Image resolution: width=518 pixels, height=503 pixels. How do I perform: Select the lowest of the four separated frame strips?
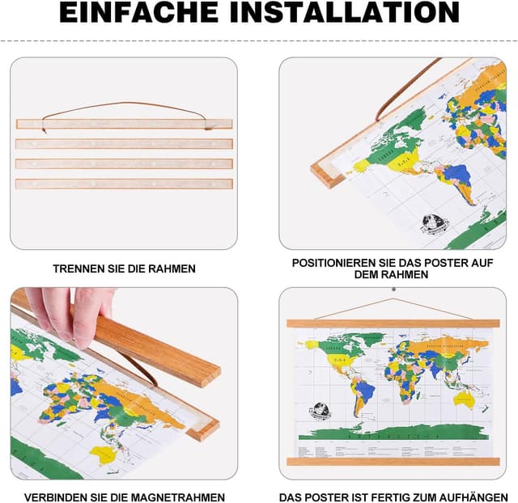coord(124,184)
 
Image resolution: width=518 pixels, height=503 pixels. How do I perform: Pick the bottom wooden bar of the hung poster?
coord(393,462)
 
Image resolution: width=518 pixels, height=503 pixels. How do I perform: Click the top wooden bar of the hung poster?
coord(393,323)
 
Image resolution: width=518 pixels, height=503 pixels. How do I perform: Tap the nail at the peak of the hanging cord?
coord(393,288)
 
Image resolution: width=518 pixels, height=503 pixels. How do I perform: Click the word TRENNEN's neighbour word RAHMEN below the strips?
coord(172,268)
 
